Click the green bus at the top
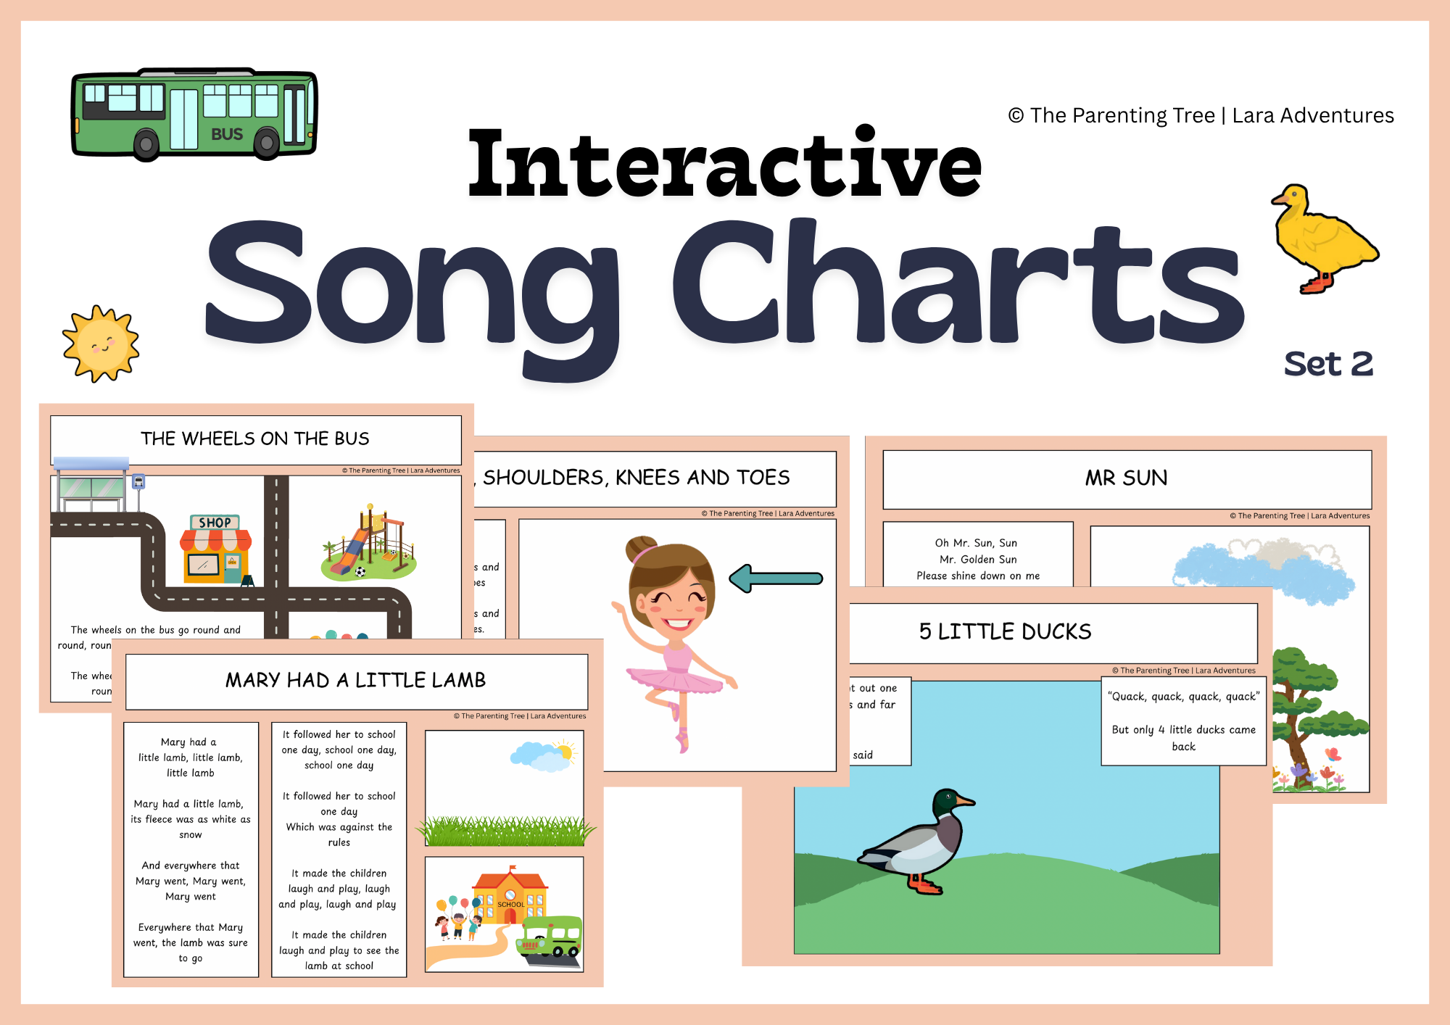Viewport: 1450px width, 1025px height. [x=194, y=113]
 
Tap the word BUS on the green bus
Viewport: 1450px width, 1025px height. [x=227, y=134]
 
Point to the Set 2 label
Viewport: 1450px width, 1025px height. [x=1328, y=364]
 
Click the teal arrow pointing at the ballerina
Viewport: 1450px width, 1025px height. [x=776, y=578]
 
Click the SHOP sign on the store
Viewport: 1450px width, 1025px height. [x=215, y=523]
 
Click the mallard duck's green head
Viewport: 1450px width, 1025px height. [x=947, y=802]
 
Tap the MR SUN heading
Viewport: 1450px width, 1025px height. [x=1126, y=478]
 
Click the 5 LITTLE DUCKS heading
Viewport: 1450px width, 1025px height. [x=1005, y=631]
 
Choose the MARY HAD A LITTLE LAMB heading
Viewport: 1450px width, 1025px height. [x=355, y=680]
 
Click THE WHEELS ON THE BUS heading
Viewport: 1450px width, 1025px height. [x=254, y=439]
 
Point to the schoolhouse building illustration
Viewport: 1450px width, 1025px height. [x=510, y=896]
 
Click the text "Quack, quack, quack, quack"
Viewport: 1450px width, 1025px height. [x=1183, y=697]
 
